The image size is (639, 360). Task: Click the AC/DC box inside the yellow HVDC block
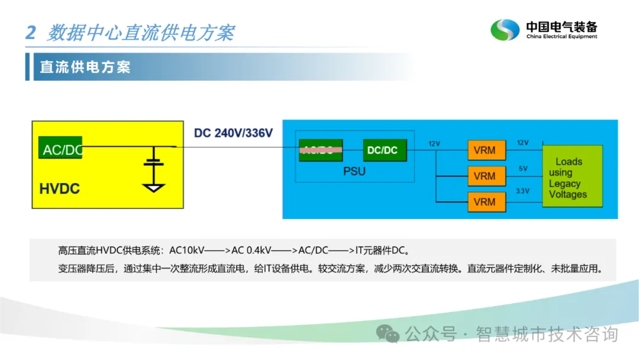click(x=60, y=149)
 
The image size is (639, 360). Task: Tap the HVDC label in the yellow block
click(x=59, y=189)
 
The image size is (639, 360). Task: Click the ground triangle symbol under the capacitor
click(x=154, y=188)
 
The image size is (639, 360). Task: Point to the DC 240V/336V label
click(x=233, y=133)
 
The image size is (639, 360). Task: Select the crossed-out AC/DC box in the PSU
click(x=321, y=150)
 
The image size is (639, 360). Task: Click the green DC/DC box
click(x=382, y=150)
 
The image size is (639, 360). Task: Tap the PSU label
click(x=354, y=172)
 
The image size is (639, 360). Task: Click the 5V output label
click(x=523, y=168)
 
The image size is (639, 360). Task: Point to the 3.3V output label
click(x=523, y=191)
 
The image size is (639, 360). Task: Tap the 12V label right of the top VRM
click(x=523, y=143)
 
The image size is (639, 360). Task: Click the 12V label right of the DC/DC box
click(x=435, y=144)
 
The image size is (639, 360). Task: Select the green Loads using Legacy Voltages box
click(x=572, y=176)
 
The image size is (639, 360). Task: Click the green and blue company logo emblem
click(x=505, y=30)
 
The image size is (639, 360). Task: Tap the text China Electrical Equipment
click(x=561, y=37)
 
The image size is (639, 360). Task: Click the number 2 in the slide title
click(x=31, y=33)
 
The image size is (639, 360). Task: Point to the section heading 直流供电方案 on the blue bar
click(x=85, y=67)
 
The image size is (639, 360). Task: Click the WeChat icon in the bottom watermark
click(x=389, y=335)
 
